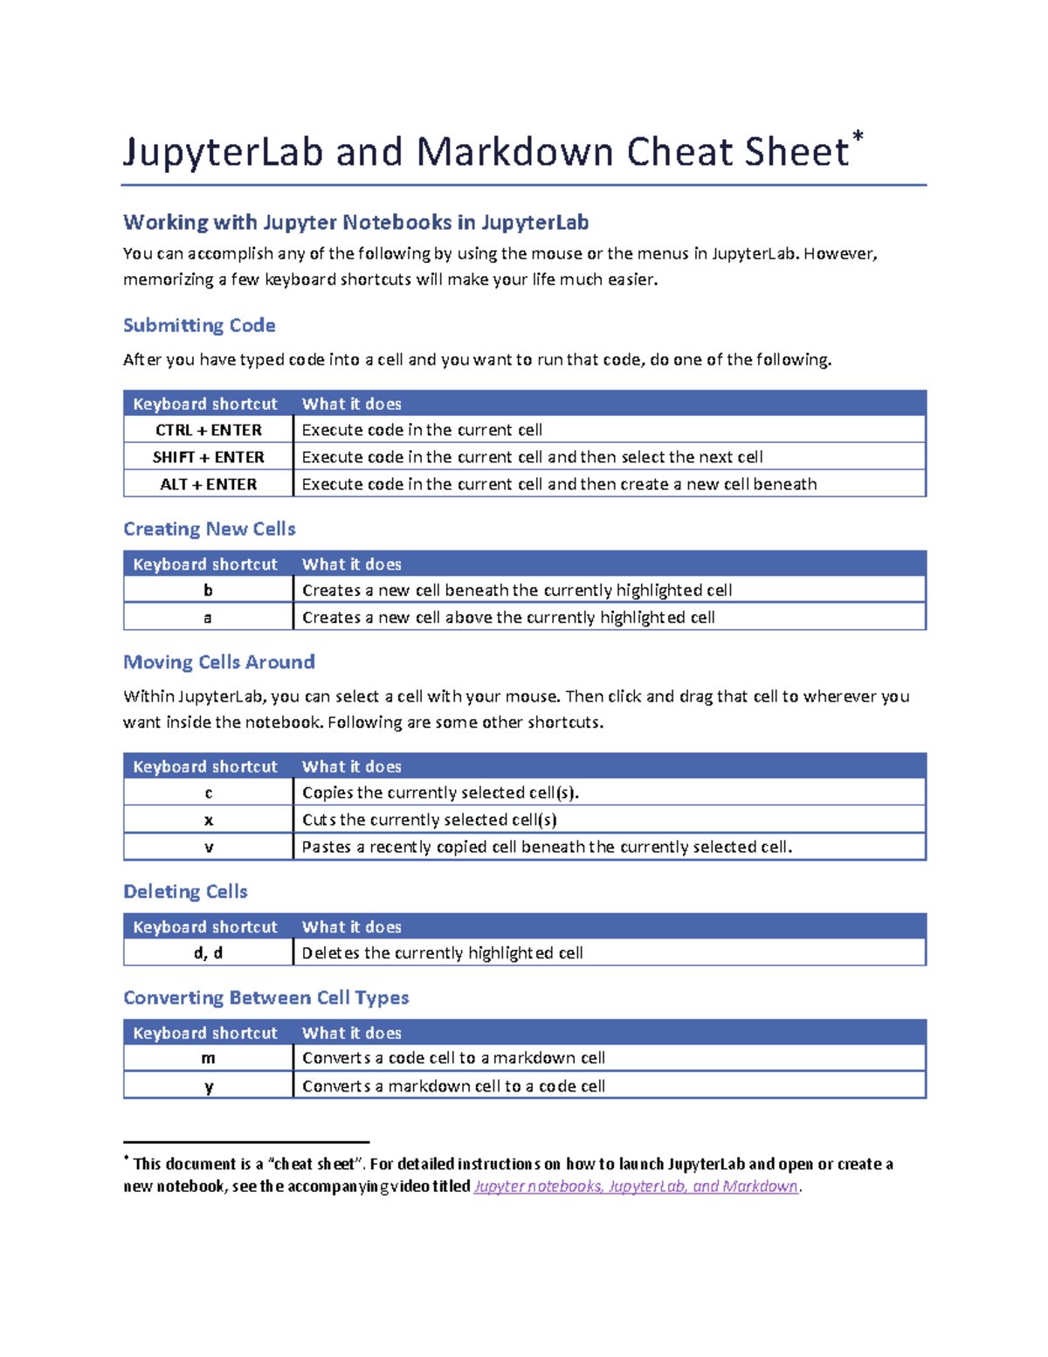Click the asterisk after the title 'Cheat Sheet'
858,137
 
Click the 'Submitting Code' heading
199,325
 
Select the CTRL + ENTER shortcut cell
208,430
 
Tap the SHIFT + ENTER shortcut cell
208,457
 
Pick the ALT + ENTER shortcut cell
208,484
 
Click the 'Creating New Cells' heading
210,529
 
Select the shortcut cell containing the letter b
208,591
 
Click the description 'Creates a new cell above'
508,618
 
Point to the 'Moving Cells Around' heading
218,661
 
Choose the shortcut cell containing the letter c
208,793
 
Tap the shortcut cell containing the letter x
208,820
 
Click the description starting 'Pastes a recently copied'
547,847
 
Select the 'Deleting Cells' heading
185,891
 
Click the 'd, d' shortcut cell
208,952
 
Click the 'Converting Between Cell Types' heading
265,997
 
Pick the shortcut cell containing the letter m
208,1058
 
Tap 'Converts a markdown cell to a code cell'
453,1086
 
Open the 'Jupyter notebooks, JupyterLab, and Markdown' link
635,1187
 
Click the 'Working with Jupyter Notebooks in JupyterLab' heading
355,222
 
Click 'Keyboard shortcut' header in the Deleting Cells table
205,927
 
